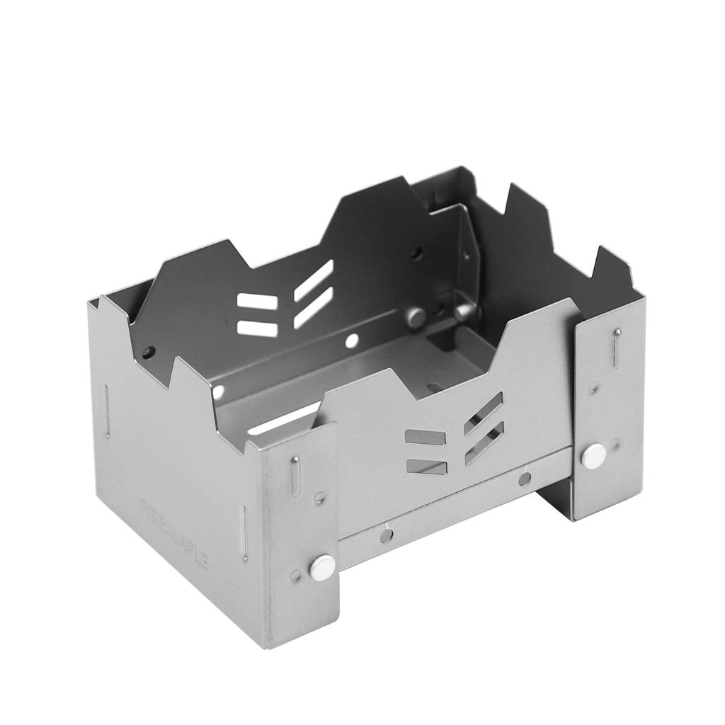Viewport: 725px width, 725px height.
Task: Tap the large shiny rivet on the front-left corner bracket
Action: [x=324, y=566]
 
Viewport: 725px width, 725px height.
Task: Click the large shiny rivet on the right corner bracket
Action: [x=593, y=457]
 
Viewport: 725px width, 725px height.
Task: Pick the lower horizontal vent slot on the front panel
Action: [x=426, y=467]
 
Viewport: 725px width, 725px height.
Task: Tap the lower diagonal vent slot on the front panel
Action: [x=484, y=444]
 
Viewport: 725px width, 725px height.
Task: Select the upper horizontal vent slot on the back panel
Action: [x=257, y=302]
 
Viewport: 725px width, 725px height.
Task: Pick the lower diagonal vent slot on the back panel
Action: [x=314, y=307]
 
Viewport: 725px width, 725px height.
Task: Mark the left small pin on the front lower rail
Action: [x=386, y=535]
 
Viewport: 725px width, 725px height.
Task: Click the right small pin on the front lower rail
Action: [x=525, y=479]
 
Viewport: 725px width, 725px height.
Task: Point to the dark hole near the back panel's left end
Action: [x=147, y=351]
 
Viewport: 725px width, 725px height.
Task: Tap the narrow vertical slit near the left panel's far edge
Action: [x=108, y=411]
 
